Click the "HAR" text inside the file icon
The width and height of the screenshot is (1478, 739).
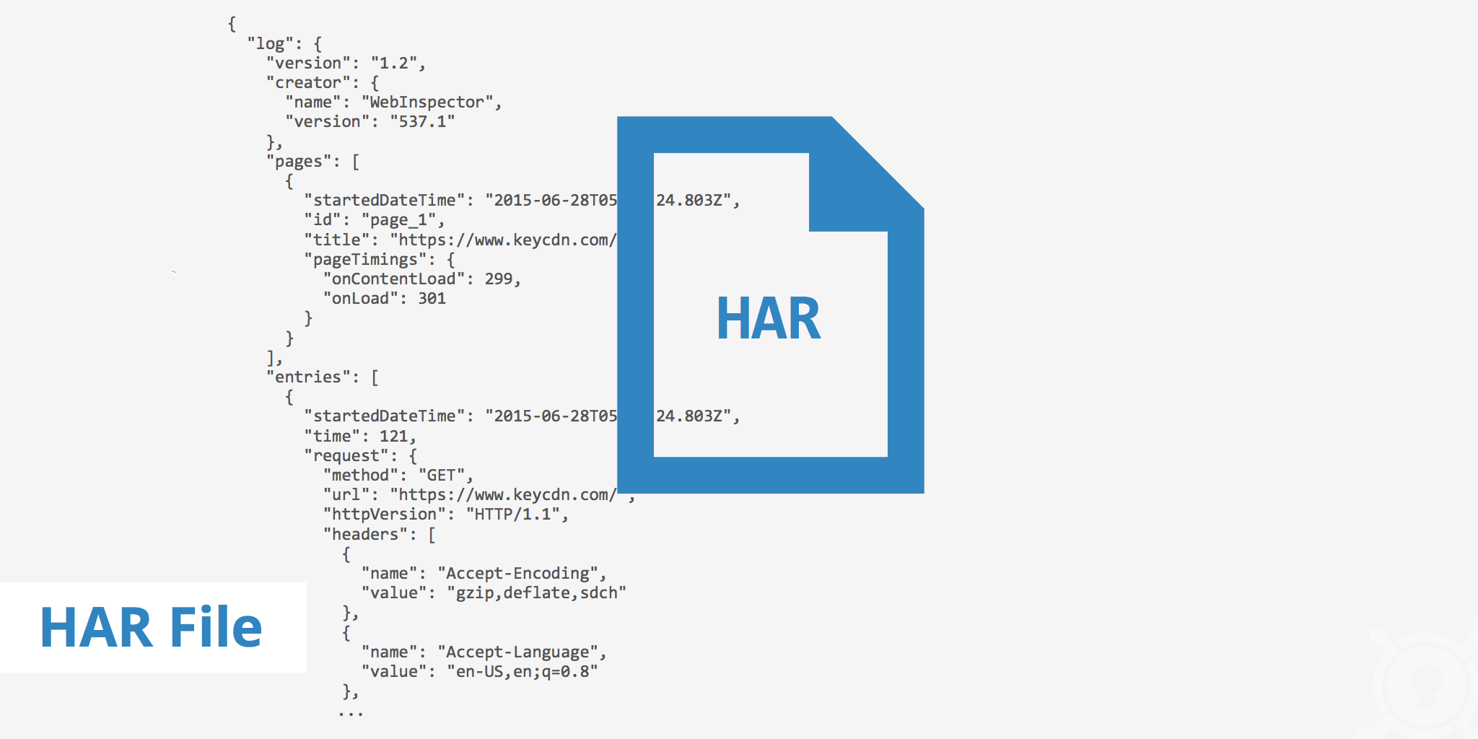click(x=768, y=319)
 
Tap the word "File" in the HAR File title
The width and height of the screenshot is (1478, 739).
click(x=216, y=627)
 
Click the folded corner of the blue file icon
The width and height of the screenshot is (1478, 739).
click(x=859, y=184)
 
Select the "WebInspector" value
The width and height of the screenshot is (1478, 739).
click(x=427, y=102)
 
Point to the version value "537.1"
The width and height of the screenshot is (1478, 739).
click(x=422, y=122)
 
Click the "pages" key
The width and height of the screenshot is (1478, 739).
click(x=304, y=162)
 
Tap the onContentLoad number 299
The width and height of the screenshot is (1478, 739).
click(x=499, y=279)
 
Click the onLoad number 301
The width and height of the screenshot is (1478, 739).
click(x=432, y=299)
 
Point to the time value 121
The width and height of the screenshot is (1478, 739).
click(x=393, y=437)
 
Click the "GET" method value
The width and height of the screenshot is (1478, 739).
click(x=442, y=476)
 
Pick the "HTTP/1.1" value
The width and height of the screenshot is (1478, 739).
click(x=513, y=515)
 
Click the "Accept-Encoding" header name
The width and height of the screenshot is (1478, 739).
click(x=517, y=574)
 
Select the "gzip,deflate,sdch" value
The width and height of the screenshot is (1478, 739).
click(x=536, y=593)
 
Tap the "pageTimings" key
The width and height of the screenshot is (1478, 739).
click(x=365, y=260)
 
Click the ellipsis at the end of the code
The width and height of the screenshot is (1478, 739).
click(x=351, y=714)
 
